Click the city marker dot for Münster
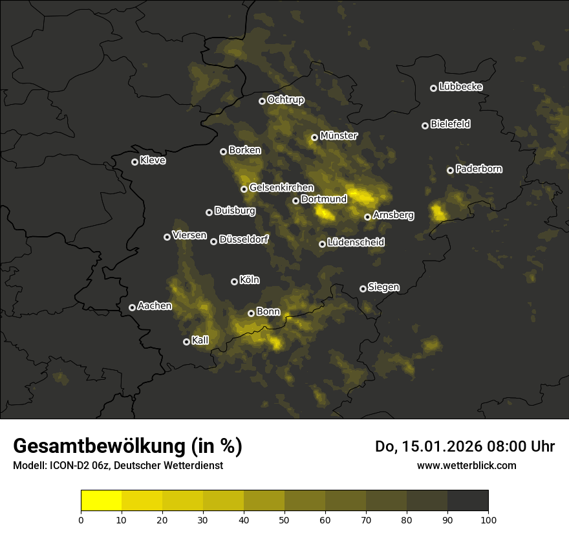coord(314,137)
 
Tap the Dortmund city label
coord(324,199)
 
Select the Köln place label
coord(250,280)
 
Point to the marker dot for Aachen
coord(132,307)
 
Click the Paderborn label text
coord(478,169)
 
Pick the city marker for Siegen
coord(363,289)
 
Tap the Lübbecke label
coord(460,87)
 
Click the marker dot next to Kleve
coord(134,162)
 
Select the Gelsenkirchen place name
coord(281,188)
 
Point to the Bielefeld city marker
coord(425,126)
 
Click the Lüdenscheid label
coord(356,242)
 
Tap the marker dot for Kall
coord(186,342)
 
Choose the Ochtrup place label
coord(285,100)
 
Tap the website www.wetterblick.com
coord(467,465)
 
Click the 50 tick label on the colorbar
coord(284,519)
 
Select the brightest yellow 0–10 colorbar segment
coord(102,500)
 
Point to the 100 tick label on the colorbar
coord(488,519)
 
